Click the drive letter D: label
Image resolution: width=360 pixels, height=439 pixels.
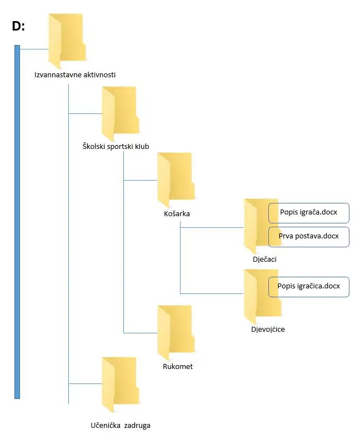point(18,26)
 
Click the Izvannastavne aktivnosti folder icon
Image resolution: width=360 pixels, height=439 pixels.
point(67,41)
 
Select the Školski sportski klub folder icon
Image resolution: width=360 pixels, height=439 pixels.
point(121,113)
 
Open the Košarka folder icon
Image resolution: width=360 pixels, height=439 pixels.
point(176,180)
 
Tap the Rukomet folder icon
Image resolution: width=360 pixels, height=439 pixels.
point(176,333)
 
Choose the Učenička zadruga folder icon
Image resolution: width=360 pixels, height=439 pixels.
point(121,385)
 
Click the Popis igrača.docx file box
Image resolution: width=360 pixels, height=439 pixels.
point(309,213)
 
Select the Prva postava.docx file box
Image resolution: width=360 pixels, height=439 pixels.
point(309,237)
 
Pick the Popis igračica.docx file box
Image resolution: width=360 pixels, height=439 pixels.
point(309,287)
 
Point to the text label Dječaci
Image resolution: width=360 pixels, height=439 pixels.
point(264,260)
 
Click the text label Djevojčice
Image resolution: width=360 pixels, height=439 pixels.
point(268,329)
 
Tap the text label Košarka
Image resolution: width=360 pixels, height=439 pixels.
point(177,213)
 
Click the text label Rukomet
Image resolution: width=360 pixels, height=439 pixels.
point(178,367)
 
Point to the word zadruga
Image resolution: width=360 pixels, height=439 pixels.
point(137,426)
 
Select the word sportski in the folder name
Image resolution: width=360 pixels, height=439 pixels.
point(119,147)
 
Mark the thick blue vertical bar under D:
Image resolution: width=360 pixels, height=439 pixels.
point(17,222)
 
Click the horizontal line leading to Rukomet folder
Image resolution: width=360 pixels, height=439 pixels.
point(141,333)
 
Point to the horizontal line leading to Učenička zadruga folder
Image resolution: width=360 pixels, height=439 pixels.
point(86,383)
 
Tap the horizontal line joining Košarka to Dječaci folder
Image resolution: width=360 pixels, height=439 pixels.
point(212,228)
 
